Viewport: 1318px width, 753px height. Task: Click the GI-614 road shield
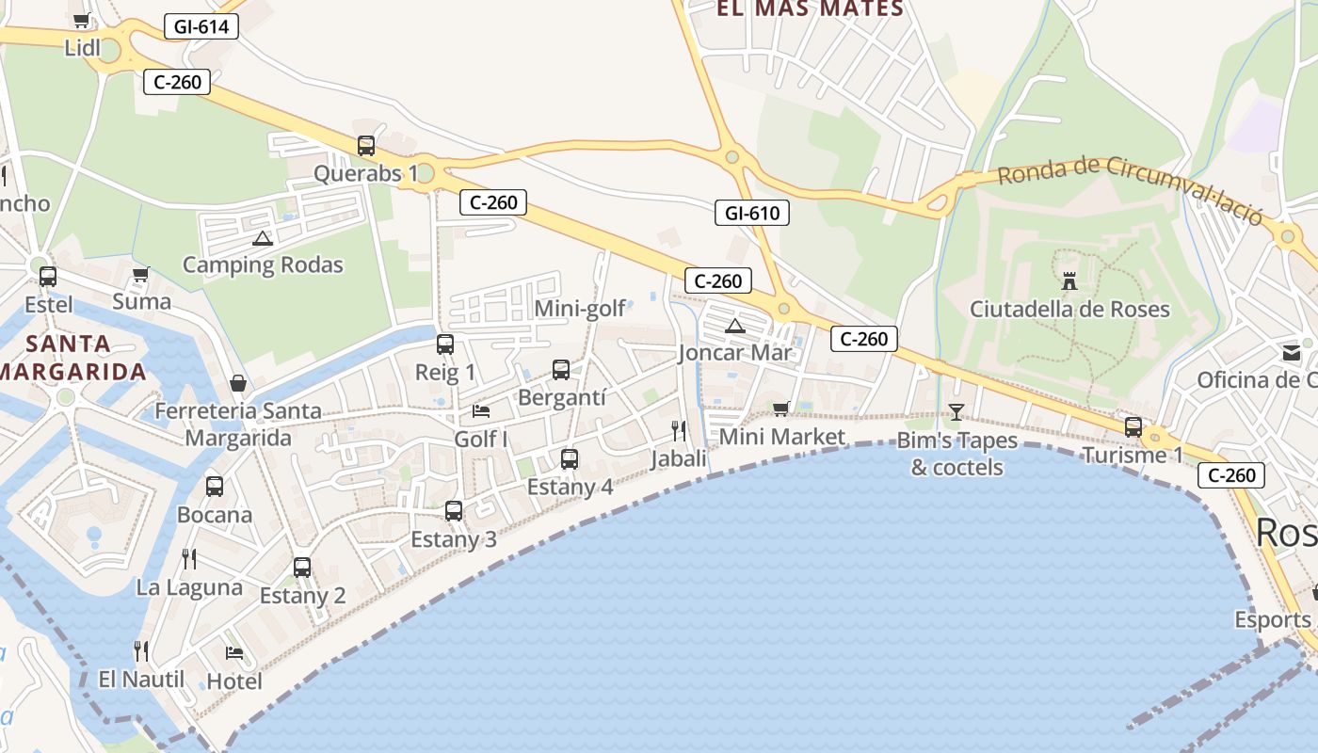click(x=201, y=26)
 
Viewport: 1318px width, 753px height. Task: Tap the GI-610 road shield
click(x=751, y=213)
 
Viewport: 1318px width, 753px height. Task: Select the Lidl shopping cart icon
click(x=82, y=20)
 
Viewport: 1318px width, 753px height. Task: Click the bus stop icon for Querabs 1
click(x=366, y=146)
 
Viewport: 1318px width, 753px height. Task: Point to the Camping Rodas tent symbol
click(x=262, y=237)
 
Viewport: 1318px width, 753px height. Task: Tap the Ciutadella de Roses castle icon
click(x=1069, y=280)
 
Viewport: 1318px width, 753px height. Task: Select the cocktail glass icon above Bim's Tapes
click(x=956, y=411)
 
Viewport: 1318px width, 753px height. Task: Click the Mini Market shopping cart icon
click(x=780, y=409)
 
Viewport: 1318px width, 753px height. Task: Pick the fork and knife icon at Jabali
click(x=679, y=431)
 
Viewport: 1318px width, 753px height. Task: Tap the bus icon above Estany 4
click(x=570, y=459)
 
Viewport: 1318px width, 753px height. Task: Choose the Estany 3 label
click(x=454, y=539)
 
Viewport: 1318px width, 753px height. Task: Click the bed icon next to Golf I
click(x=481, y=411)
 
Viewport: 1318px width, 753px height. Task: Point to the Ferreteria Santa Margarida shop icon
click(x=238, y=383)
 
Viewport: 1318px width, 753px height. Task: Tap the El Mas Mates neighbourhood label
click(x=810, y=9)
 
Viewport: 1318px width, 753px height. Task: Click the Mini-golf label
click(x=580, y=309)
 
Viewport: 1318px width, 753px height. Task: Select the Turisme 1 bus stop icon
click(x=1133, y=427)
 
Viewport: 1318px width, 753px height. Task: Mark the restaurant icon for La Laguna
click(x=189, y=559)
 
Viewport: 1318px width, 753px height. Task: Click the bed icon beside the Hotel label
click(x=234, y=652)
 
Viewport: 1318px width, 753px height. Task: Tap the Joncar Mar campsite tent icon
click(x=735, y=326)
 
